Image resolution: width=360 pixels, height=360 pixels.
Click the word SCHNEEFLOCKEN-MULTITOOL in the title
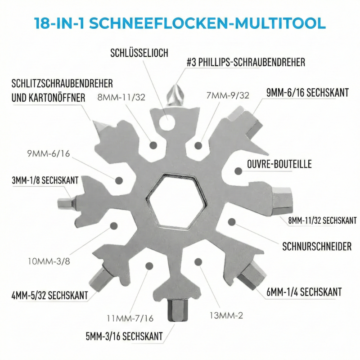pos(207,23)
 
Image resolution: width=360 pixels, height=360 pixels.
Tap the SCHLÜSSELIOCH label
pos(139,53)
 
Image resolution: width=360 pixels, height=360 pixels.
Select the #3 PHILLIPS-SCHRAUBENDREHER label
pos(246,62)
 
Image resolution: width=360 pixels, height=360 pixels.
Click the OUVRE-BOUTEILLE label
pos(279,164)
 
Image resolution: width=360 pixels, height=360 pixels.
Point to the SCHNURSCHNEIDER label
pos(317,246)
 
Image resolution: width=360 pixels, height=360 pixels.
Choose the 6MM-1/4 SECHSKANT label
pos(304,292)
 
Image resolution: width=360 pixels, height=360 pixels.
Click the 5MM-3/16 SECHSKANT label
pos(124,336)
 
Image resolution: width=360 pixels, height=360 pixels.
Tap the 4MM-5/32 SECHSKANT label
pos(50,295)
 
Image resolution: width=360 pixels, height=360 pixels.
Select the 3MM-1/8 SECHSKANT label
pos(45,180)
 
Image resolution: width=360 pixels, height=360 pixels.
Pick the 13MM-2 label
pos(226,315)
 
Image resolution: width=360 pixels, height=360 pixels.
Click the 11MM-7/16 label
pos(130,319)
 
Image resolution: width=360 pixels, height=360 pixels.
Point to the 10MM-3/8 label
pos(49,261)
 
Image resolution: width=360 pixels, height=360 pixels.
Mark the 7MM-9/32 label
pos(228,95)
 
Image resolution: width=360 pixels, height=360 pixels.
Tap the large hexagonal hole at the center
pos(176,202)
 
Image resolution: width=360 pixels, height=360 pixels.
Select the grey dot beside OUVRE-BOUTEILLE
pos(238,171)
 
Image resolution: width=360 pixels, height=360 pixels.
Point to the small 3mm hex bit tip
pos(66,203)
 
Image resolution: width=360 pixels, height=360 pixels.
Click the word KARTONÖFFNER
pos(57,98)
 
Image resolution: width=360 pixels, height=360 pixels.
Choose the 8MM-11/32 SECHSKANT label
pos(322,220)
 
